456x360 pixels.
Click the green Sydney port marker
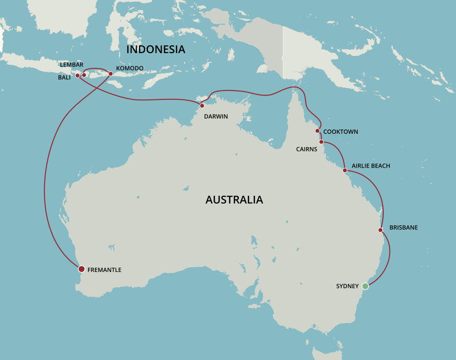[x=365, y=286]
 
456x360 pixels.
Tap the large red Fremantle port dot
[x=82, y=269]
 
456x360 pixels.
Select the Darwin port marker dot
[x=202, y=106]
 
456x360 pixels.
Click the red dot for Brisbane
[x=380, y=230]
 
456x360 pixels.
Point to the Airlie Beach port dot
[x=344, y=170]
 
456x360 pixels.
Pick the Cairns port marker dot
[x=321, y=142]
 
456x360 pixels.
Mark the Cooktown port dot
[x=317, y=131]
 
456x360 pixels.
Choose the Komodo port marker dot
[x=111, y=74]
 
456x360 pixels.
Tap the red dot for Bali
[x=77, y=76]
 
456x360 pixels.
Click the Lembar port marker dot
[x=84, y=75]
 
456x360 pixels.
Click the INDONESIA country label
[x=156, y=50]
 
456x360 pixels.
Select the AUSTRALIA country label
[x=234, y=200]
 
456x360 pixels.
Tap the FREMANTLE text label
[x=104, y=270]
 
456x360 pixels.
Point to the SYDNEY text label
[x=347, y=286]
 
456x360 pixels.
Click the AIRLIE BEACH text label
[x=371, y=166]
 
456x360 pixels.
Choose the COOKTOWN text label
[x=341, y=132]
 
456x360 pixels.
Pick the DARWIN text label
[x=216, y=117]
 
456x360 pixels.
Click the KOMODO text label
[x=130, y=68]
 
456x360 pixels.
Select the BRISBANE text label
[x=403, y=228]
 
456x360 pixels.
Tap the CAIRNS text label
[x=307, y=148]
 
